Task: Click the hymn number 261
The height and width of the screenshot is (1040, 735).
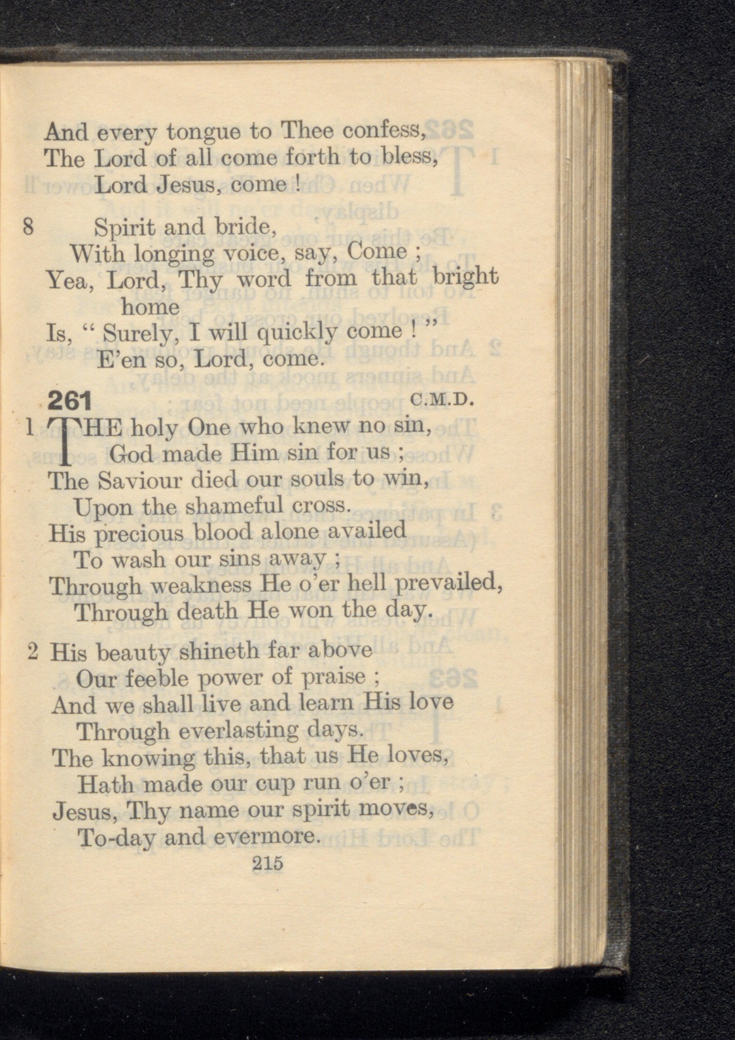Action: pos(70,401)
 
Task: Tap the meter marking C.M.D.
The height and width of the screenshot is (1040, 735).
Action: pos(441,399)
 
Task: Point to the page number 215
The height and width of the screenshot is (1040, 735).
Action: pos(267,863)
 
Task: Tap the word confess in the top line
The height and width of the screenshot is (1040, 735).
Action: pos(383,131)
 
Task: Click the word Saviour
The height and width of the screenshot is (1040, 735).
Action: pos(140,481)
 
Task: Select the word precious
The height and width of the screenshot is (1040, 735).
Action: pos(140,534)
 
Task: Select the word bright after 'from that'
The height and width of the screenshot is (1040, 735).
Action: pos(465,278)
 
